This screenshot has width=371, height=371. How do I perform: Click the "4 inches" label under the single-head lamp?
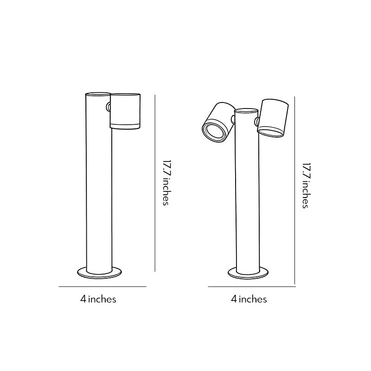[98, 299]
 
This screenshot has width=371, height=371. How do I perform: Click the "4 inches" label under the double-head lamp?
[249, 299]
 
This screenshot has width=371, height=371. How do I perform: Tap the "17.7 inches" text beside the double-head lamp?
[306, 185]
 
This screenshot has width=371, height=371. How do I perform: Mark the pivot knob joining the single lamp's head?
[109, 107]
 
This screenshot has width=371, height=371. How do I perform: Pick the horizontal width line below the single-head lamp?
[102, 287]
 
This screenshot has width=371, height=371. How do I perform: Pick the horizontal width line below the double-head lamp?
[251, 287]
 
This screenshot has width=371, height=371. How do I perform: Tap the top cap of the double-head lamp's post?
[246, 111]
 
